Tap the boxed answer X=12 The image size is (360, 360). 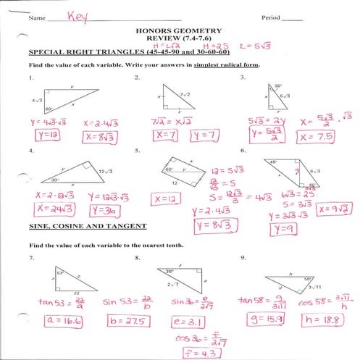(x=167, y=198)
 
